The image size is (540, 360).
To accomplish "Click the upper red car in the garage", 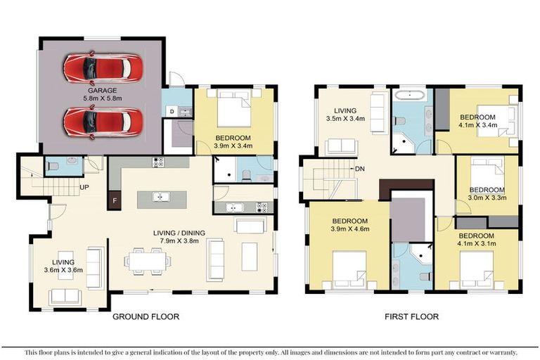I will tap(103, 68).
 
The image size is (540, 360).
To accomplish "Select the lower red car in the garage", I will tap(103, 121).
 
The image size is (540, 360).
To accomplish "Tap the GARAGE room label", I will tap(102, 91).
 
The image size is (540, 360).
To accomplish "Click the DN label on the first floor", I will tap(359, 169).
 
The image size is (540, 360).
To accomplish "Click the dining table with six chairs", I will tap(148, 260).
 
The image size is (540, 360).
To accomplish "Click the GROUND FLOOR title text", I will tap(146, 317).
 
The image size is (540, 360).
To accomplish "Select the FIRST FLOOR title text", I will tap(411, 317).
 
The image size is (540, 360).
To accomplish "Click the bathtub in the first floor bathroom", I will tap(410, 94).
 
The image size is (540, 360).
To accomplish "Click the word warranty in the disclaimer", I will tap(499, 352).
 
